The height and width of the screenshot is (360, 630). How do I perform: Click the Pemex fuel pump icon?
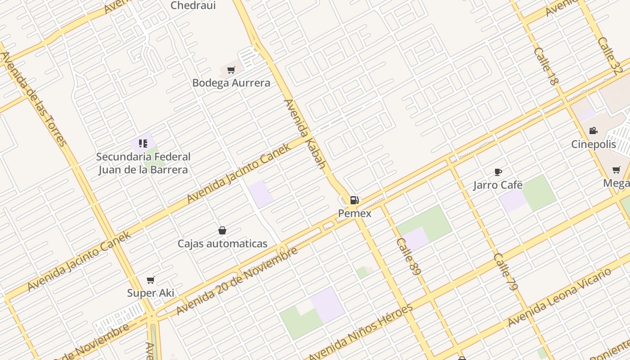click(x=354, y=200)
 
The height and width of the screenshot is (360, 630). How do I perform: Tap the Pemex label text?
click(x=355, y=213)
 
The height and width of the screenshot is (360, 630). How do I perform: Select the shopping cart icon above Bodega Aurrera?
click(x=231, y=70)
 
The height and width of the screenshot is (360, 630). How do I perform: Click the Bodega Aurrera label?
click(x=231, y=83)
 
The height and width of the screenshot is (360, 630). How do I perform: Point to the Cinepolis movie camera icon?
click(x=593, y=131)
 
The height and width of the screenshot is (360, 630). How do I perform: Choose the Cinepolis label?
click(x=593, y=144)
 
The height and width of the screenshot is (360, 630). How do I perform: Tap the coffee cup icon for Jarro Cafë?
click(x=498, y=172)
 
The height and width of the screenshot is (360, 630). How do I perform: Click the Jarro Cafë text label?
click(x=498, y=185)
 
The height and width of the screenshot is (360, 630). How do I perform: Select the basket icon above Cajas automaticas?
click(x=222, y=231)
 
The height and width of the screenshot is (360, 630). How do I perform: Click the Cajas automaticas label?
click(x=222, y=244)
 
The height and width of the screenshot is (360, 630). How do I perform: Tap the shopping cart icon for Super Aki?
click(x=150, y=280)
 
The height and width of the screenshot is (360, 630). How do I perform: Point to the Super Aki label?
click(x=150, y=293)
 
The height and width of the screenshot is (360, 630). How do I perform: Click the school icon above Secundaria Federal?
click(x=143, y=144)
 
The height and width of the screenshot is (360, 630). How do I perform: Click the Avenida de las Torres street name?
click(x=33, y=99)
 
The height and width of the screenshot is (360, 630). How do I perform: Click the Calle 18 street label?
click(x=546, y=66)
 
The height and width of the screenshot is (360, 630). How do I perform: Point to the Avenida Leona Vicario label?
click(x=559, y=297)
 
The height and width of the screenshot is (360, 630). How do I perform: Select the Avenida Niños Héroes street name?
click(x=360, y=333)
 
